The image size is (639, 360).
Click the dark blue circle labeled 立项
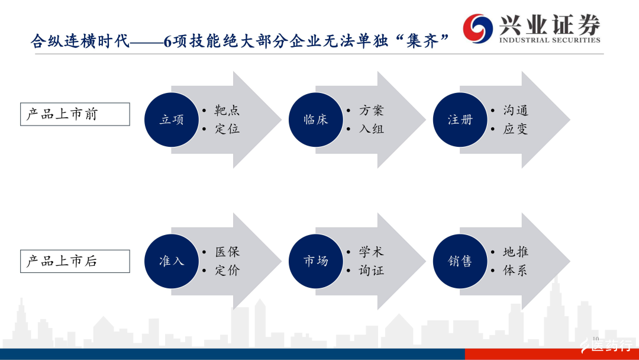(x=172, y=120)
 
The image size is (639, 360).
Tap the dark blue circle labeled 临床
(x=316, y=120)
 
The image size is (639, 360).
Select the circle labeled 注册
(x=460, y=120)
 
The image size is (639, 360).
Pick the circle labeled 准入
(x=172, y=261)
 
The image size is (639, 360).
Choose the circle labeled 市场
(x=316, y=261)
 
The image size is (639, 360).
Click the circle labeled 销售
(x=460, y=261)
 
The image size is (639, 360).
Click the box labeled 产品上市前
(x=75, y=114)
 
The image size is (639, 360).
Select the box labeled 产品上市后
(x=75, y=261)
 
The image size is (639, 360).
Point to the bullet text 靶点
(x=227, y=110)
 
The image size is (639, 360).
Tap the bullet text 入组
(x=371, y=129)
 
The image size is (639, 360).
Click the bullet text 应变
(x=515, y=129)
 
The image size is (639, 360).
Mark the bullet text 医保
(x=227, y=252)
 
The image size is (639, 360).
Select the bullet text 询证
(x=371, y=271)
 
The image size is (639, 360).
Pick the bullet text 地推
(x=515, y=252)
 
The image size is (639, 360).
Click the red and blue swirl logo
(x=477, y=28)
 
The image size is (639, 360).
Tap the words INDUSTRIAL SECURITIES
(x=550, y=40)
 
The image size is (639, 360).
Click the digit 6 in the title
(x=167, y=41)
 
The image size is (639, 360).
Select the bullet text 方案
(x=371, y=110)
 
